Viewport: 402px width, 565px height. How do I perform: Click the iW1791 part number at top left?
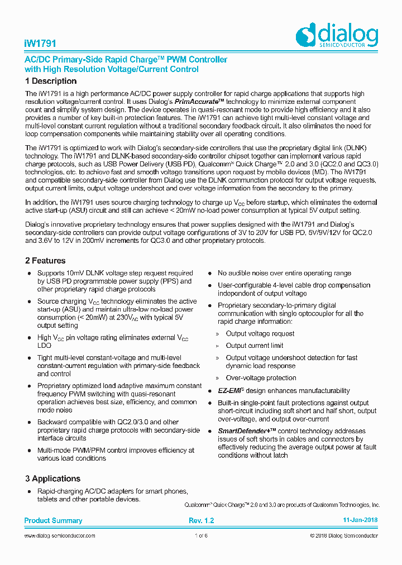point(40,44)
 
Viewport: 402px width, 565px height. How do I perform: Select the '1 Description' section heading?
point(51,82)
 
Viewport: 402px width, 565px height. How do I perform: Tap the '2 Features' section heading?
point(45,261)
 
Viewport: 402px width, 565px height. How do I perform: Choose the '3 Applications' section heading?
point(52,478)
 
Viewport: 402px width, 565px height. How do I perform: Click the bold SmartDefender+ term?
point(243,431)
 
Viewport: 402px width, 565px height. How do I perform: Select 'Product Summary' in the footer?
point(53,520)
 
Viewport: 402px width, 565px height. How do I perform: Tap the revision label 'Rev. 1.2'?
point(202,520)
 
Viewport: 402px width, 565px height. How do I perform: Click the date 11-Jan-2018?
point(360,520)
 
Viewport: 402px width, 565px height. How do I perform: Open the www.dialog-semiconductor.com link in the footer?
point(60,536)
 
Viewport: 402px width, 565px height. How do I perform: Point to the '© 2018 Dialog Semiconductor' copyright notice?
point(344,536)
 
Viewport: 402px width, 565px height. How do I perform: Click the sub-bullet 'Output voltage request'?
point(260,334)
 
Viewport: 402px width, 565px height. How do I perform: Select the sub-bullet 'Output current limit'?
point(255,346)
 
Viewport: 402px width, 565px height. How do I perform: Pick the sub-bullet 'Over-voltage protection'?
point(261,378)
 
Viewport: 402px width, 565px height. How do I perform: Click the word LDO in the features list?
point(44,346)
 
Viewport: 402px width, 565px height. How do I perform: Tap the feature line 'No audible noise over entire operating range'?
point(284,273)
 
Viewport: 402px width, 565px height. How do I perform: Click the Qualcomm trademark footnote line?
point(282,505)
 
